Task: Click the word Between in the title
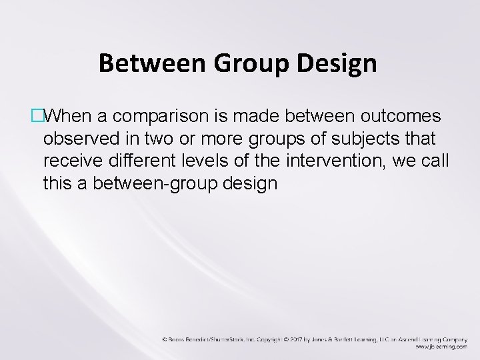click(x=146, y=63)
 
